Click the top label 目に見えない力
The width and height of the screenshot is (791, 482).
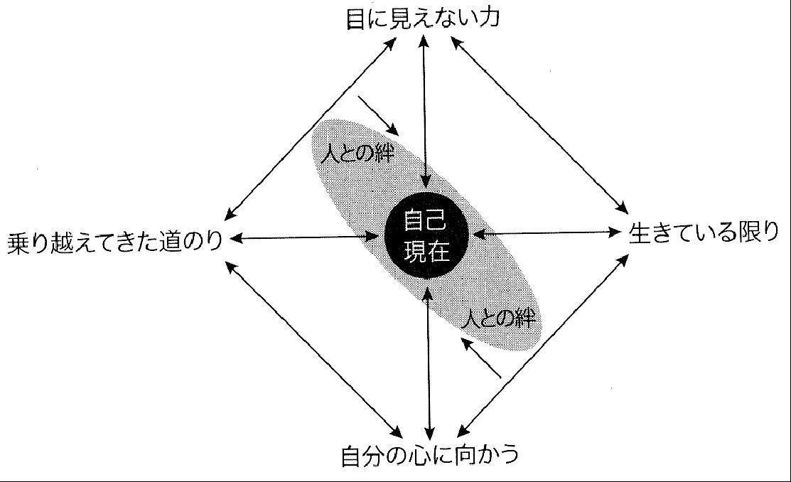coord(423,18)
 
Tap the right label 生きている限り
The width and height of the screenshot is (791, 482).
coord(704,233)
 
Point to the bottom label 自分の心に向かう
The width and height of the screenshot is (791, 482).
coord(430,454)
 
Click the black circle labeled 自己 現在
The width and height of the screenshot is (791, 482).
coord(427,235)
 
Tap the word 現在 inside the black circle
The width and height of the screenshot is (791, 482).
coord(427,251)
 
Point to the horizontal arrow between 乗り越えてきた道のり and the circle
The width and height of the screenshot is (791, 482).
coord(305,237)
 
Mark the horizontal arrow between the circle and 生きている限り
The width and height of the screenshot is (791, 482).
coord(547,232)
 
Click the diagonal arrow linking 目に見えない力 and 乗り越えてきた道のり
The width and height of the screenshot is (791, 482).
coord(309,129)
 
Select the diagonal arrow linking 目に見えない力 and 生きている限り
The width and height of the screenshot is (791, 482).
coord(539,125)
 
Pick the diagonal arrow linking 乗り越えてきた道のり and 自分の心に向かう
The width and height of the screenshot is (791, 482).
coord(313,349)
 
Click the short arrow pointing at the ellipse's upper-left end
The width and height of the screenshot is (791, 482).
coord(378,116)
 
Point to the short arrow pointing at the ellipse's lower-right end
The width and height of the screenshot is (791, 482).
coord(480,358)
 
